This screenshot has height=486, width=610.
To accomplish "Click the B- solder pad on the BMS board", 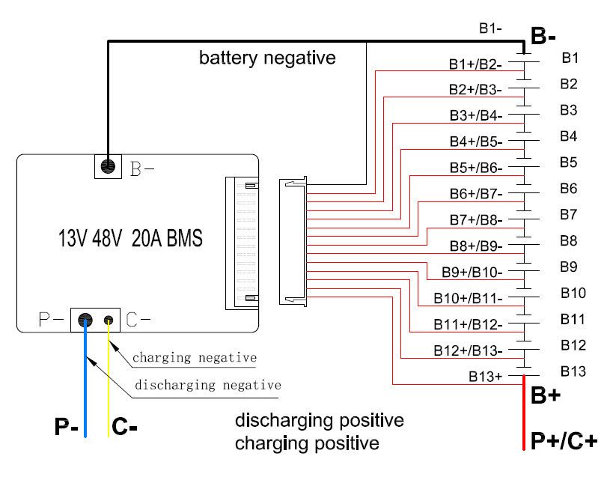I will coord(108,165).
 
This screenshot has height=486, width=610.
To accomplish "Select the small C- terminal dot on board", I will coord(109,321).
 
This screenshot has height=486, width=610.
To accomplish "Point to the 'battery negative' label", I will coord(267,58).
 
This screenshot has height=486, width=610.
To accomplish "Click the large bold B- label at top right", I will coord(543,35).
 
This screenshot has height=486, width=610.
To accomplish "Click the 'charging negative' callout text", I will coord(195,358).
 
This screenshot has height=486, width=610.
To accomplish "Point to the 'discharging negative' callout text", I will coord(207,386).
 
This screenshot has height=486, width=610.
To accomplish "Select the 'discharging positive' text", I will coord(319,419).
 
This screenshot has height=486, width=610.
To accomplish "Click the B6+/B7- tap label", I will coord(476,193).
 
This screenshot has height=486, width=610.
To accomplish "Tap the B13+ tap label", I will coord(486,377).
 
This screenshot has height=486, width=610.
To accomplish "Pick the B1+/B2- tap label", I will coord(475,64).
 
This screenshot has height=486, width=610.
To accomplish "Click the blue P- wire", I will coord(85,389).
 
